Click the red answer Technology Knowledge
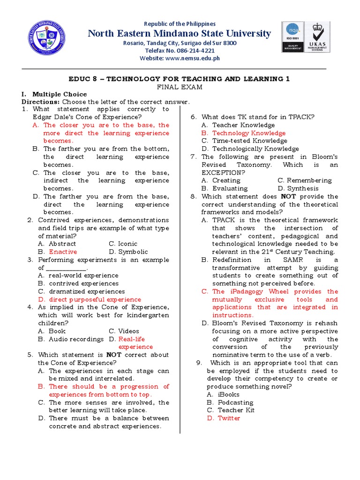click(248, 133)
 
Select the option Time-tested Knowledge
click(249, 141)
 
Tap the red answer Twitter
click(228, 418)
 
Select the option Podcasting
click(235, 402)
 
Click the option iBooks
click(228, 394)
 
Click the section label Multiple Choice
click(53, 94)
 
